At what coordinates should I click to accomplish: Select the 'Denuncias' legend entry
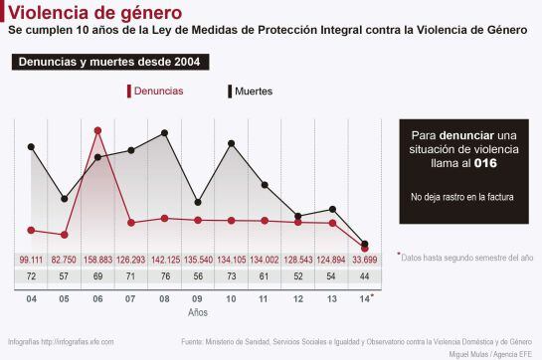158,91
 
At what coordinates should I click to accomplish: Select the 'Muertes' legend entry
252,91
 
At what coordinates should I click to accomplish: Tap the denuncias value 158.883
97,260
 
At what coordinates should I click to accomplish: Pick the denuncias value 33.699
367,260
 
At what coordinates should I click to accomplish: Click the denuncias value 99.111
31,260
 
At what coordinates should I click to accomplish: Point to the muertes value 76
165,276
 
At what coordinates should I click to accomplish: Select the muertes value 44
366,276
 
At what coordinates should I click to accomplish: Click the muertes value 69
97,276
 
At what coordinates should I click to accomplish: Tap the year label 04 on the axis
31,298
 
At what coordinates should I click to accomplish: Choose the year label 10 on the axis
232,298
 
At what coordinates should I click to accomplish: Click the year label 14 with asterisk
366,298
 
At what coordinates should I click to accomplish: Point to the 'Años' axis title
198,312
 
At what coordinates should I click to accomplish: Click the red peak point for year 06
97,129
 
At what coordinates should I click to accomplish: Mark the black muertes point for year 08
165,131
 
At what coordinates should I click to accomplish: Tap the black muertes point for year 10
232,143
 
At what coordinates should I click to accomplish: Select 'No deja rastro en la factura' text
461,197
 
